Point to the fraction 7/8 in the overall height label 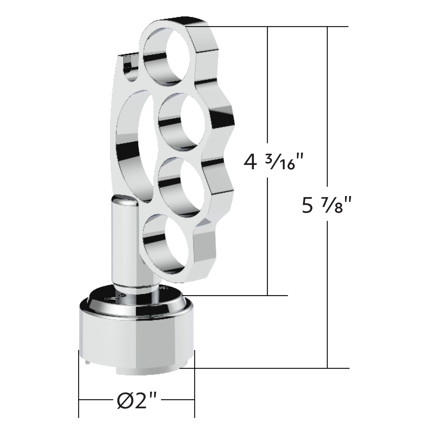334,204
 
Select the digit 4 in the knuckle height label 250,162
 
